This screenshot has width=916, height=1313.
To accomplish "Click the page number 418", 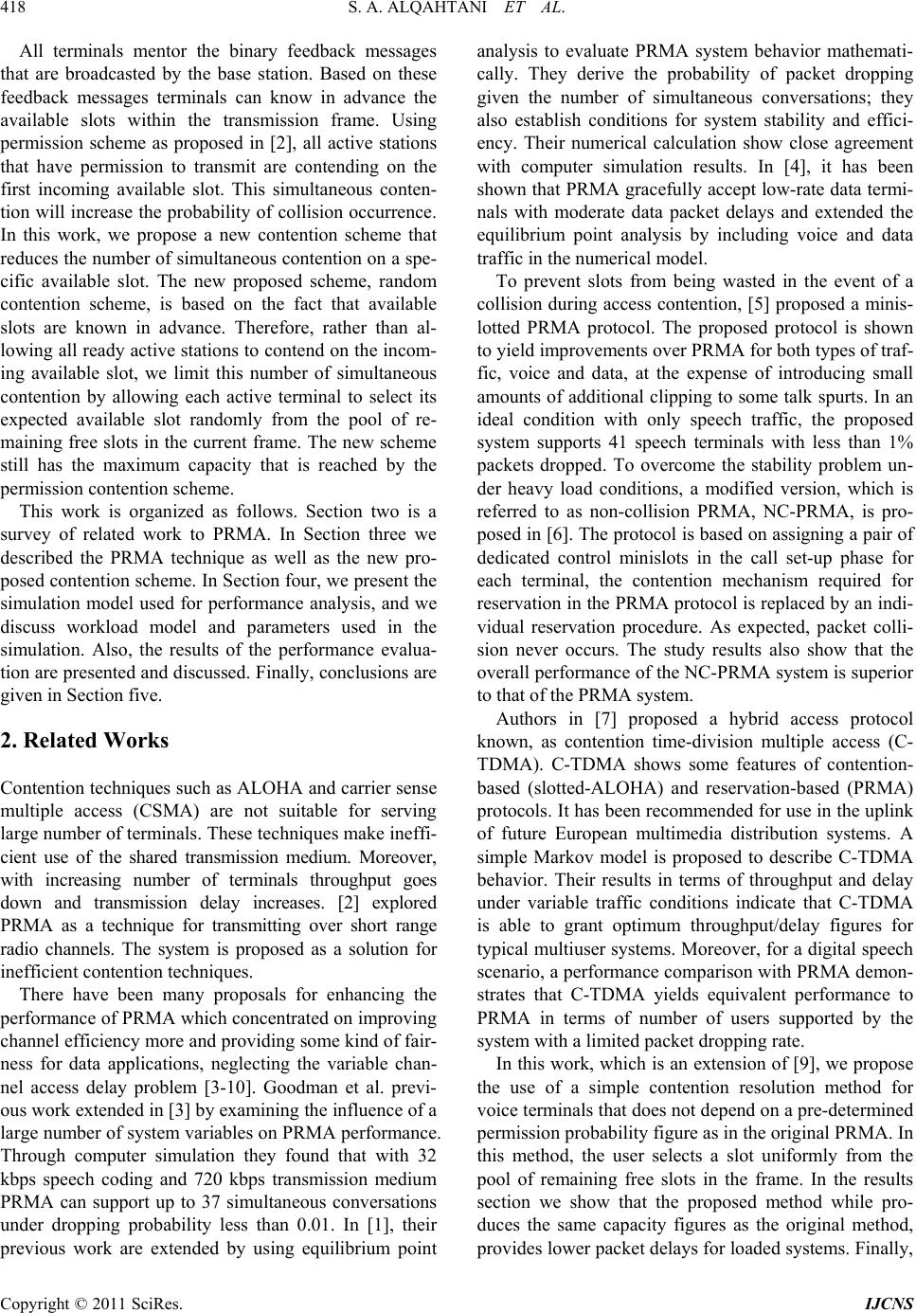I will (x=18, y=12).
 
